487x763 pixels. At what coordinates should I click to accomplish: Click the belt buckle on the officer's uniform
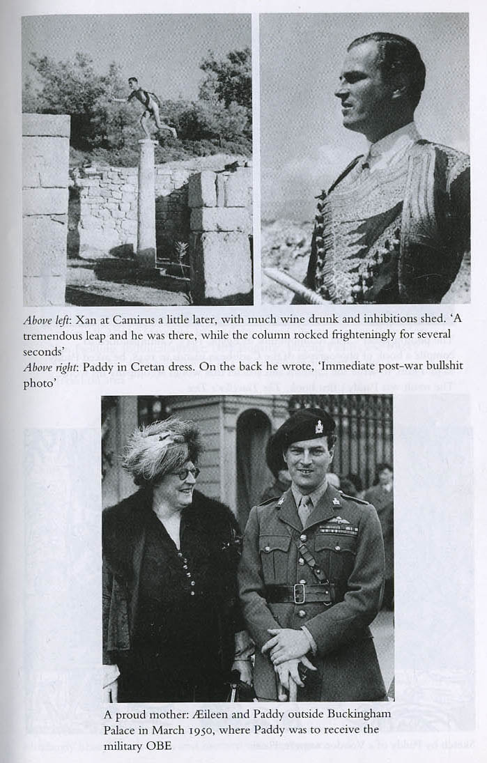point(300,592)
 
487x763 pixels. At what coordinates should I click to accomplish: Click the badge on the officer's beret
point(318,426)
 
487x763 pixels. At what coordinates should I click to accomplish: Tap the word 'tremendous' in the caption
point(53,336)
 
